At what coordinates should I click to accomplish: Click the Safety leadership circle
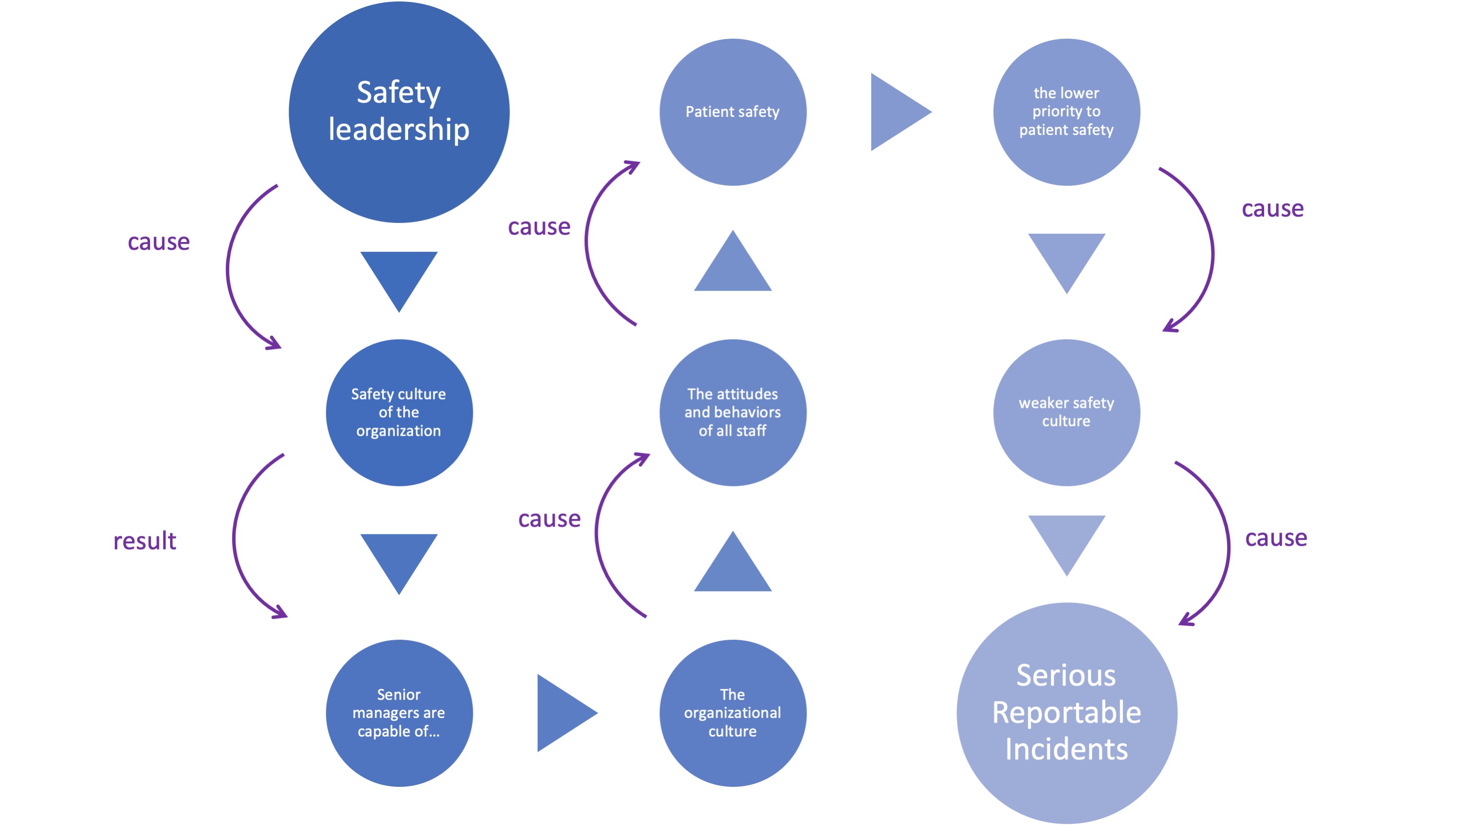tap(399, 111)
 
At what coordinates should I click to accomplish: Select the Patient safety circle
tap(732, 111)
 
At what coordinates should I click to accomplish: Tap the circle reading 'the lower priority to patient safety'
tap(1066, 111)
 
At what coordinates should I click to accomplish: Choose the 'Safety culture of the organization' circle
tap(399, 412)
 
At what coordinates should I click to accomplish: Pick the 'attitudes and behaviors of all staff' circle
tap(732, 412)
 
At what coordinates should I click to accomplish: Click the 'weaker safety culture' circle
tap(1066, 412)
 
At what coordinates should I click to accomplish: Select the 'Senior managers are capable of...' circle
tap(399, 713)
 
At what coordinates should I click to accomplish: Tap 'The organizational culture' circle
tap(732, 713)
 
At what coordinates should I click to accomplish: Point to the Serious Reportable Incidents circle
tap(1066, 713)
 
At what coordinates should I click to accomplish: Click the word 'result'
tap(145, 541)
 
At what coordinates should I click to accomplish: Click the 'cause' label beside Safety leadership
tap(159, 242)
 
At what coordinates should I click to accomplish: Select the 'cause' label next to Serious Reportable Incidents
tap(1276, 538)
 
